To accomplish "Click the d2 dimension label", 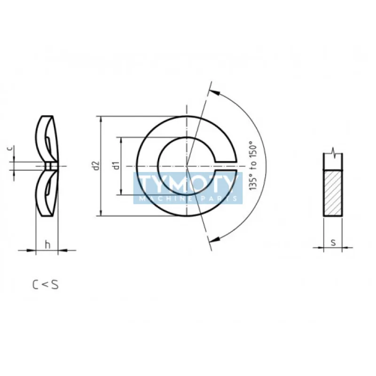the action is [96, 166].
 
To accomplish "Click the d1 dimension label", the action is [117, 165].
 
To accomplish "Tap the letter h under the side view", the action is [48, 245].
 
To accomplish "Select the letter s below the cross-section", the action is [333, 243].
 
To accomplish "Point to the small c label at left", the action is [9, 149].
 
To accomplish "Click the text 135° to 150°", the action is [253, 165].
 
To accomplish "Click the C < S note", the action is [45, 285].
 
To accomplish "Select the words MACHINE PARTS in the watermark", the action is [188, 198].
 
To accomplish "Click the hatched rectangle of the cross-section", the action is [333, 193].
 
